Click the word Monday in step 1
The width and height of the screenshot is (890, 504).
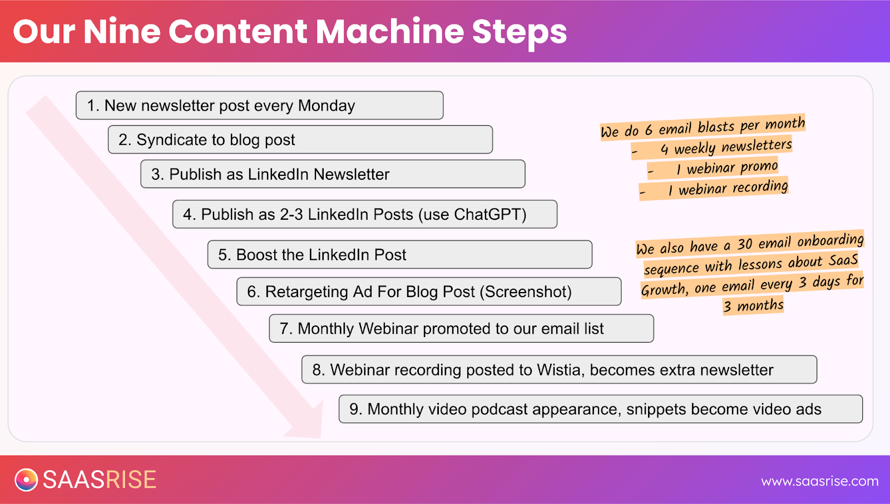click(327, 106)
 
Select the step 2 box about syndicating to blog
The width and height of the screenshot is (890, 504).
click(300, 140)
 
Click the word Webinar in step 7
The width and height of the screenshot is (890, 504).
click(389, 329)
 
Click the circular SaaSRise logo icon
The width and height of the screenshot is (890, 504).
click(26, 480)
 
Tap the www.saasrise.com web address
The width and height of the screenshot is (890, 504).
click(819, 481)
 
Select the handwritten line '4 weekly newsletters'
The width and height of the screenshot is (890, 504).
click(725, 147)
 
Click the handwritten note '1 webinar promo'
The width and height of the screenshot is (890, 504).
click(726, 167)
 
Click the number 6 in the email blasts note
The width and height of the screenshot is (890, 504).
click(649, 131)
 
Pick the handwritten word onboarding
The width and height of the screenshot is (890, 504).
click(830, 240)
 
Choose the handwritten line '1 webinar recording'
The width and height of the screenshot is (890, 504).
click(728, 189)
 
